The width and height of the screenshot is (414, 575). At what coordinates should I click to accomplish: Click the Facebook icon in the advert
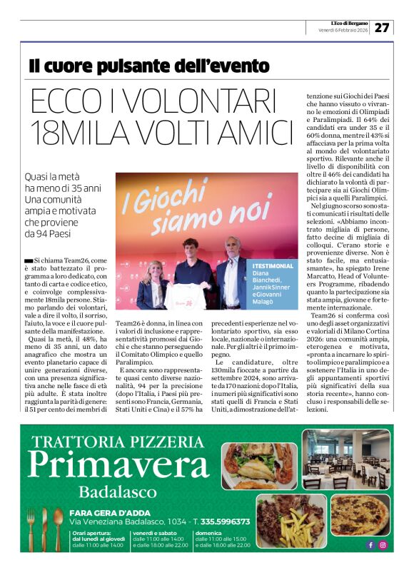370,545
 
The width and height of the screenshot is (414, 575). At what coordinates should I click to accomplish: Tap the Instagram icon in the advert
383,545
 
